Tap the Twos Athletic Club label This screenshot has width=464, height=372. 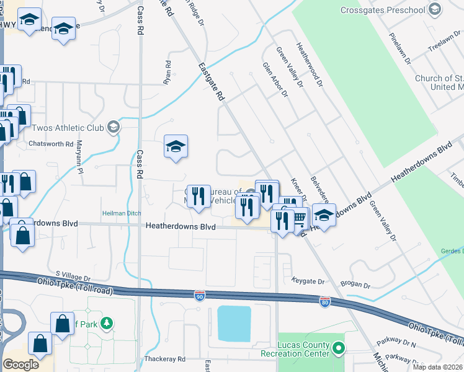[x=66, y=128]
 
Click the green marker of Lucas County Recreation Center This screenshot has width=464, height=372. [x=338, y=348]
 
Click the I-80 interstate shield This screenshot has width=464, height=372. [x=324, y=302]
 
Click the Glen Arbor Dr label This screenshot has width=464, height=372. [x=275, y=80]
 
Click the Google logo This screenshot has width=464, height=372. [x=21, y=365]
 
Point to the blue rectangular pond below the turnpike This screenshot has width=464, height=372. [x=234, y=323]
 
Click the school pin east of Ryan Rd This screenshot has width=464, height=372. [x=176, y=148]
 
